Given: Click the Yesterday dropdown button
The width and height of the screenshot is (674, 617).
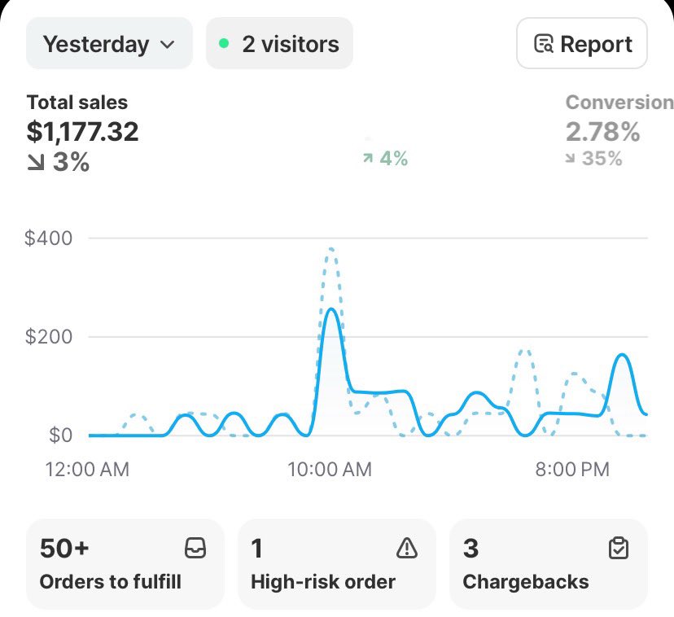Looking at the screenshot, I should (109, 44).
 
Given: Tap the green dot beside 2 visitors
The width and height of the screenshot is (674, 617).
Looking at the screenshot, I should (224, 44).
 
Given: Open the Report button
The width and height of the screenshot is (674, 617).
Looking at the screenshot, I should (582, 44).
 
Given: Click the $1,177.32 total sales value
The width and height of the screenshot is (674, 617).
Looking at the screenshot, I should (82, 131).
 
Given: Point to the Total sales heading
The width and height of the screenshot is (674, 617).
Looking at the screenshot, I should (77, 103).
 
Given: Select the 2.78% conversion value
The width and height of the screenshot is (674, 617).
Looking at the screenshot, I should (602, 131).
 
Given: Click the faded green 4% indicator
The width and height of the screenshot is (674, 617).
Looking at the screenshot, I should (386, 159).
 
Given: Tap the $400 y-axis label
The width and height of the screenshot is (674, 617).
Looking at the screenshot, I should (48, 238).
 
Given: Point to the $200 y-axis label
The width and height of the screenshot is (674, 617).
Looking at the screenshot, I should (48, 336).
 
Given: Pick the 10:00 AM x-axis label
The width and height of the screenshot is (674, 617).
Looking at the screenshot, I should (330, 470).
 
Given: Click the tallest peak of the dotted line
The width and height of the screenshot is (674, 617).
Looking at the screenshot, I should (330, 249).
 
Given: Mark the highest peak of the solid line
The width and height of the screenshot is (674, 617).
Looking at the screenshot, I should (330, 309).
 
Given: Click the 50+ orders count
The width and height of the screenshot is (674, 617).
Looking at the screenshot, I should (64, 549).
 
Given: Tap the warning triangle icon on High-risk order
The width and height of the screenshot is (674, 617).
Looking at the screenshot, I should (406, 549).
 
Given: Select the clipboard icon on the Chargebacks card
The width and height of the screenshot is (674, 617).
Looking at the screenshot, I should (619, 549).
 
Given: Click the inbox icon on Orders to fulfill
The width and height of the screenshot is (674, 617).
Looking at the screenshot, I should (195, 549).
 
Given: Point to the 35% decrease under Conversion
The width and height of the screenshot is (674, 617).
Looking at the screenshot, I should (594, 159).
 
